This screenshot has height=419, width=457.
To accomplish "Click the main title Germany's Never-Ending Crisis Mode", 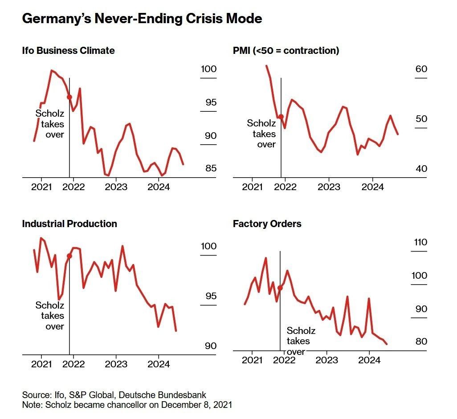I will (142, 19).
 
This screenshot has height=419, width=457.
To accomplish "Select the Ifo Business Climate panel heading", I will (68, 51).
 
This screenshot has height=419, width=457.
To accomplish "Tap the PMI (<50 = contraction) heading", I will (286, 51).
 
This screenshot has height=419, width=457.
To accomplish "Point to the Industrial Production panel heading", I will (69, 224).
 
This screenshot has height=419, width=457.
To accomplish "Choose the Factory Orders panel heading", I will (267, 224).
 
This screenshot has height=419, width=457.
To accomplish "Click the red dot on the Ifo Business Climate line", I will (69, 97).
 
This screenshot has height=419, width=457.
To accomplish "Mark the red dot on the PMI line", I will (281, 117).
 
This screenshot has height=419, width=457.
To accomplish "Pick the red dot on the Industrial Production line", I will (69, 256).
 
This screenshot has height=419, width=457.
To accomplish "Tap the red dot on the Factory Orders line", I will (280, 288).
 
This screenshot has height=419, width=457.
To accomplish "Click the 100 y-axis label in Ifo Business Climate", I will (208, 69).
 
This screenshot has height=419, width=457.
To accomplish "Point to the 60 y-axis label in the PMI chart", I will (421, 69).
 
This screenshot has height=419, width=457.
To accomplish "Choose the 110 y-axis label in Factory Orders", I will (420, 243).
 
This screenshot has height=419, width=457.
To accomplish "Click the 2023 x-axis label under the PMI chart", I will (329, 187).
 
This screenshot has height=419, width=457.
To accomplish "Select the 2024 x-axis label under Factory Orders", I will (369, 360).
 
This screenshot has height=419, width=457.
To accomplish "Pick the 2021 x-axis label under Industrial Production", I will (41, 364).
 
